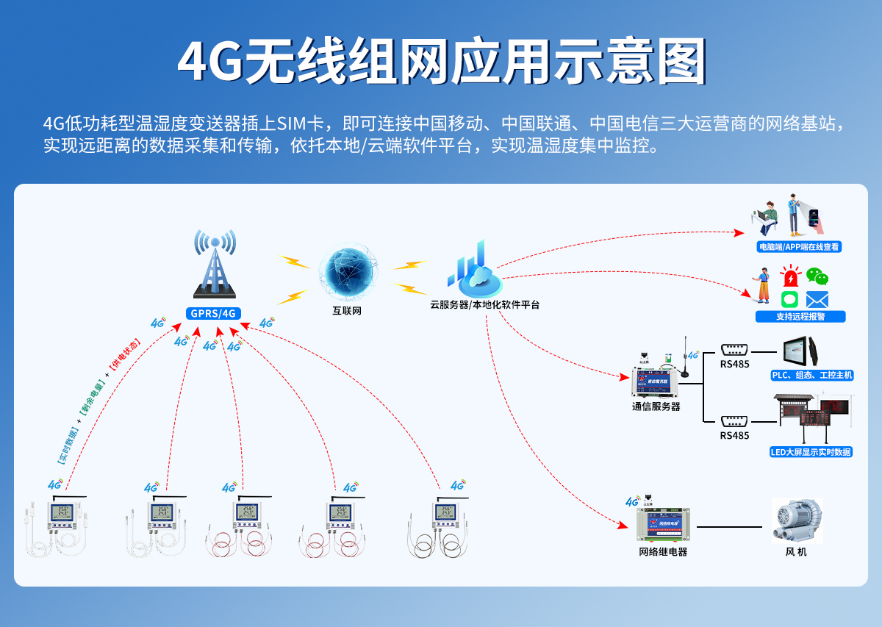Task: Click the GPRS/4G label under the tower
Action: tap(213, 313)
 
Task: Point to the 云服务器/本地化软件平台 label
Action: tap(484, 304)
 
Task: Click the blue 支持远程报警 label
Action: tap(800, 317)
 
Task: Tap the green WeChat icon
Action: tap(817, 276)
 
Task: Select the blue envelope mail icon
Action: tap(817, 299)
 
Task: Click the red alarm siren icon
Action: tap(790, 277)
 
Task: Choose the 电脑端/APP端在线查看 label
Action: tap(800, 247)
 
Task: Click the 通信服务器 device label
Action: tap(656, 406)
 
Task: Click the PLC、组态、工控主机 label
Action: tap(811, 376)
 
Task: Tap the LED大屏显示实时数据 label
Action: tap(811, 452)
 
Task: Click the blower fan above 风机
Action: tap(796, 520)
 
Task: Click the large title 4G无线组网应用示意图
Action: tap(441, 62)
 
